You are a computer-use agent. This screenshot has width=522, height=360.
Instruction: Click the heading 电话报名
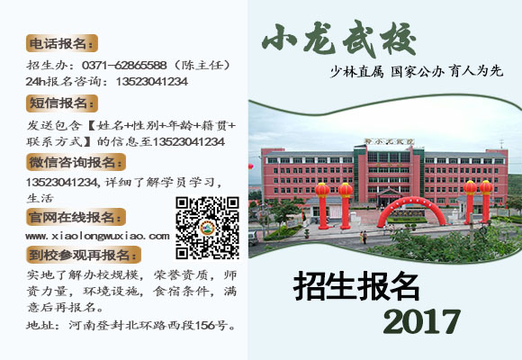[x=61, y=43]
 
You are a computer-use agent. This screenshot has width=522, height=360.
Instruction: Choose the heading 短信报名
[x=61, y=103]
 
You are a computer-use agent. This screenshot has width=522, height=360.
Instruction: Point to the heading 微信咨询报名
[x=75, y=162]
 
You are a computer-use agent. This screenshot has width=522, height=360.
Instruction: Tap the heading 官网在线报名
[x=75, y=217]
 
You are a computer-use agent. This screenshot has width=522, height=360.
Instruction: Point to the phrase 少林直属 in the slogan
[x=355, y=72]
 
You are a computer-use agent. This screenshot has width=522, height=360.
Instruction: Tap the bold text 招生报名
[x=357, y=286]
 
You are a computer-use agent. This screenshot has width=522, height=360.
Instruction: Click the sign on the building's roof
[x=382, y=142]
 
